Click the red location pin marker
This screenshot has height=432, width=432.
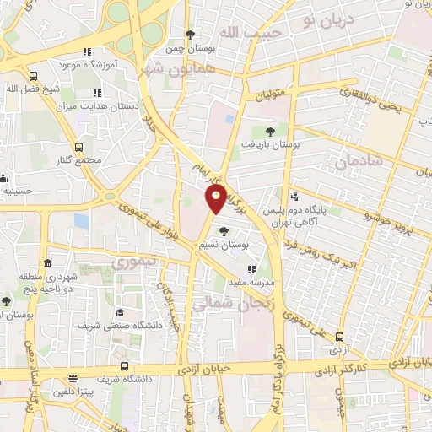216,199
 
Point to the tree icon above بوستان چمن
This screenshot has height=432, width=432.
191,35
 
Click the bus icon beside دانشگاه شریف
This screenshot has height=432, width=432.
125,366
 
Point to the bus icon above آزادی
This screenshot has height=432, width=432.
339,336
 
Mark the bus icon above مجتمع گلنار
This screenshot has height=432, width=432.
79,146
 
